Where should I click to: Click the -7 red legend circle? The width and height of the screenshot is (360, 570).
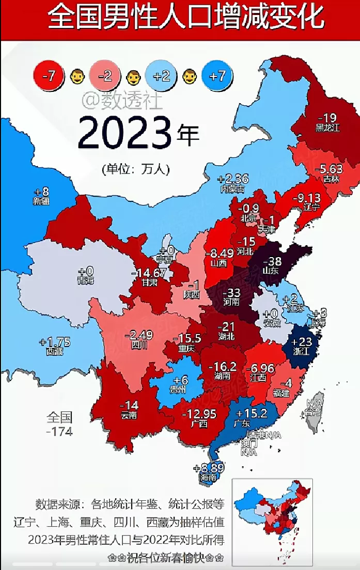click(x=49, y=76)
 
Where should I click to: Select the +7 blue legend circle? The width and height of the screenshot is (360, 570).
click(x=218, y=76)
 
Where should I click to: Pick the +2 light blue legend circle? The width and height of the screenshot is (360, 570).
click(x=161, y=76)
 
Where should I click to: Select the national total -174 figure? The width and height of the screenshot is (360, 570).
click(x=59, y=431)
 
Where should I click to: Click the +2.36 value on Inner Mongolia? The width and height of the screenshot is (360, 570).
click(x=233, y=179)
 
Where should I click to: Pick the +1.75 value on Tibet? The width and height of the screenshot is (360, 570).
click(x=54, y=342)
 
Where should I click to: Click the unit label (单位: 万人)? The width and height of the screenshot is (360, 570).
click(x=135, y=169)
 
